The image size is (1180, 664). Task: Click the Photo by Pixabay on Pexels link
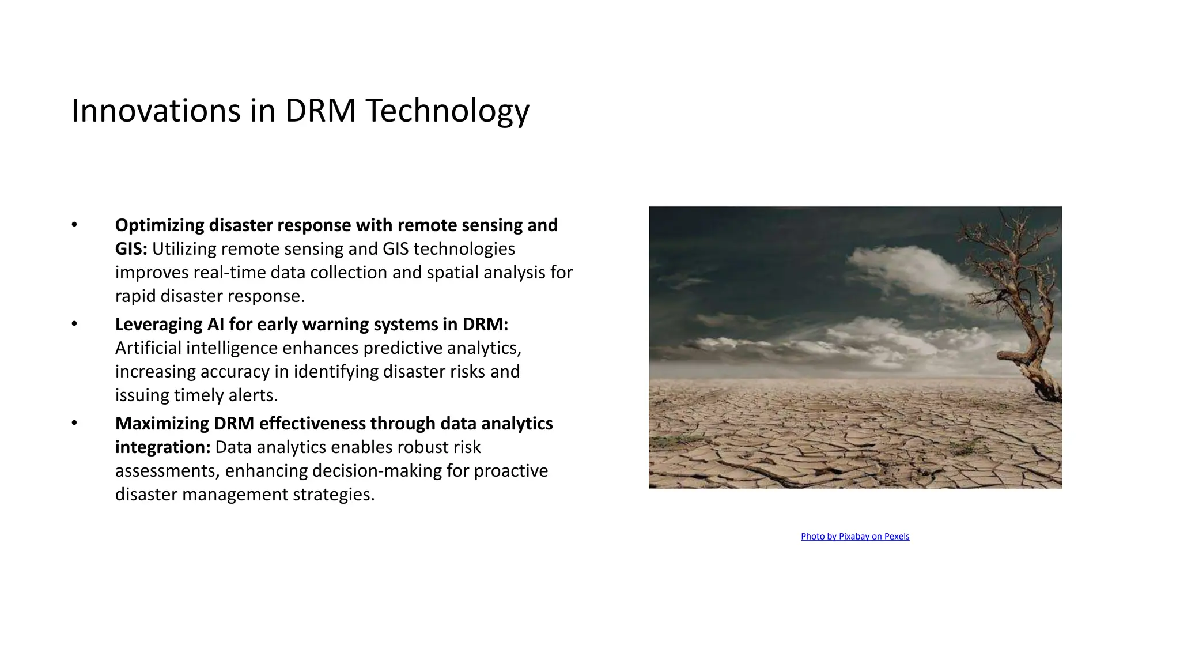[855, 537]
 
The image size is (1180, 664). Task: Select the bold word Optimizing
[160, 225]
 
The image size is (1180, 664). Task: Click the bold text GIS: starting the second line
[131, 249]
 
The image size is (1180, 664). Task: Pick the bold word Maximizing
[162, 424]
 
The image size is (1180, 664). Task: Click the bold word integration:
[162, 447]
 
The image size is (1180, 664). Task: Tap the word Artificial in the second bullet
[148, 348]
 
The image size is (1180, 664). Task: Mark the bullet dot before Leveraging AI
[74, 324]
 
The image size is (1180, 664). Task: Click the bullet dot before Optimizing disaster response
[74, 225]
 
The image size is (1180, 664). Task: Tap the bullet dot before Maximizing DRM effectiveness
[74, 423]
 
